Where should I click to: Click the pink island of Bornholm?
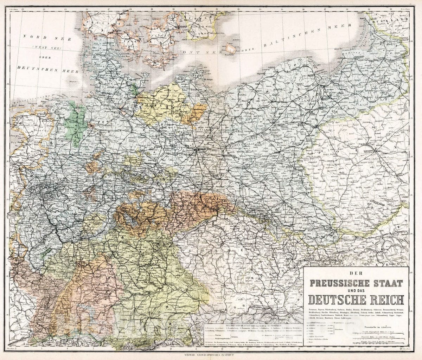[x=231, y=48]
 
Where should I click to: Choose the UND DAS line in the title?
[x=356, y=291]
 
